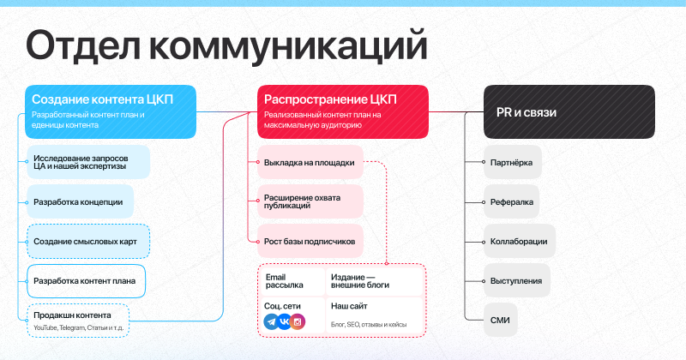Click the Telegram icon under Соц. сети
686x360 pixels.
[271, 322]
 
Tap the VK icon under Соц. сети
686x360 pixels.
[285, 322]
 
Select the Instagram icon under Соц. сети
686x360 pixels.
[298, 322]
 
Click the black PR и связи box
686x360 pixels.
[569, 112]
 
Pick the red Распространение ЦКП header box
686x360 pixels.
[343, 112]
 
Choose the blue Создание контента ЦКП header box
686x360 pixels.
[111, 112]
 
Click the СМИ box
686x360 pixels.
[501, 321]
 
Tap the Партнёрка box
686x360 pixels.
[513, 162]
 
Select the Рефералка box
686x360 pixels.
[511, 201]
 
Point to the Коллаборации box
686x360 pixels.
[520, 241]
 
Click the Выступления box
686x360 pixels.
[517, 280]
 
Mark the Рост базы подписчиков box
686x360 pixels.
[310, 241]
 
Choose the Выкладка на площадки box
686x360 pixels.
[310, 162]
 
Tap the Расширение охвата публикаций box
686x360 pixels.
[310, 201]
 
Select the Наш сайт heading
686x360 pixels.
[349, 306]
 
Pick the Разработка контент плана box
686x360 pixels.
[87, 281]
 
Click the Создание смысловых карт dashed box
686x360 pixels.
[88, 242]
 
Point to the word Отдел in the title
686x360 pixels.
[83, 46]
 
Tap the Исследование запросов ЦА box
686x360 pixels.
[88, 162]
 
